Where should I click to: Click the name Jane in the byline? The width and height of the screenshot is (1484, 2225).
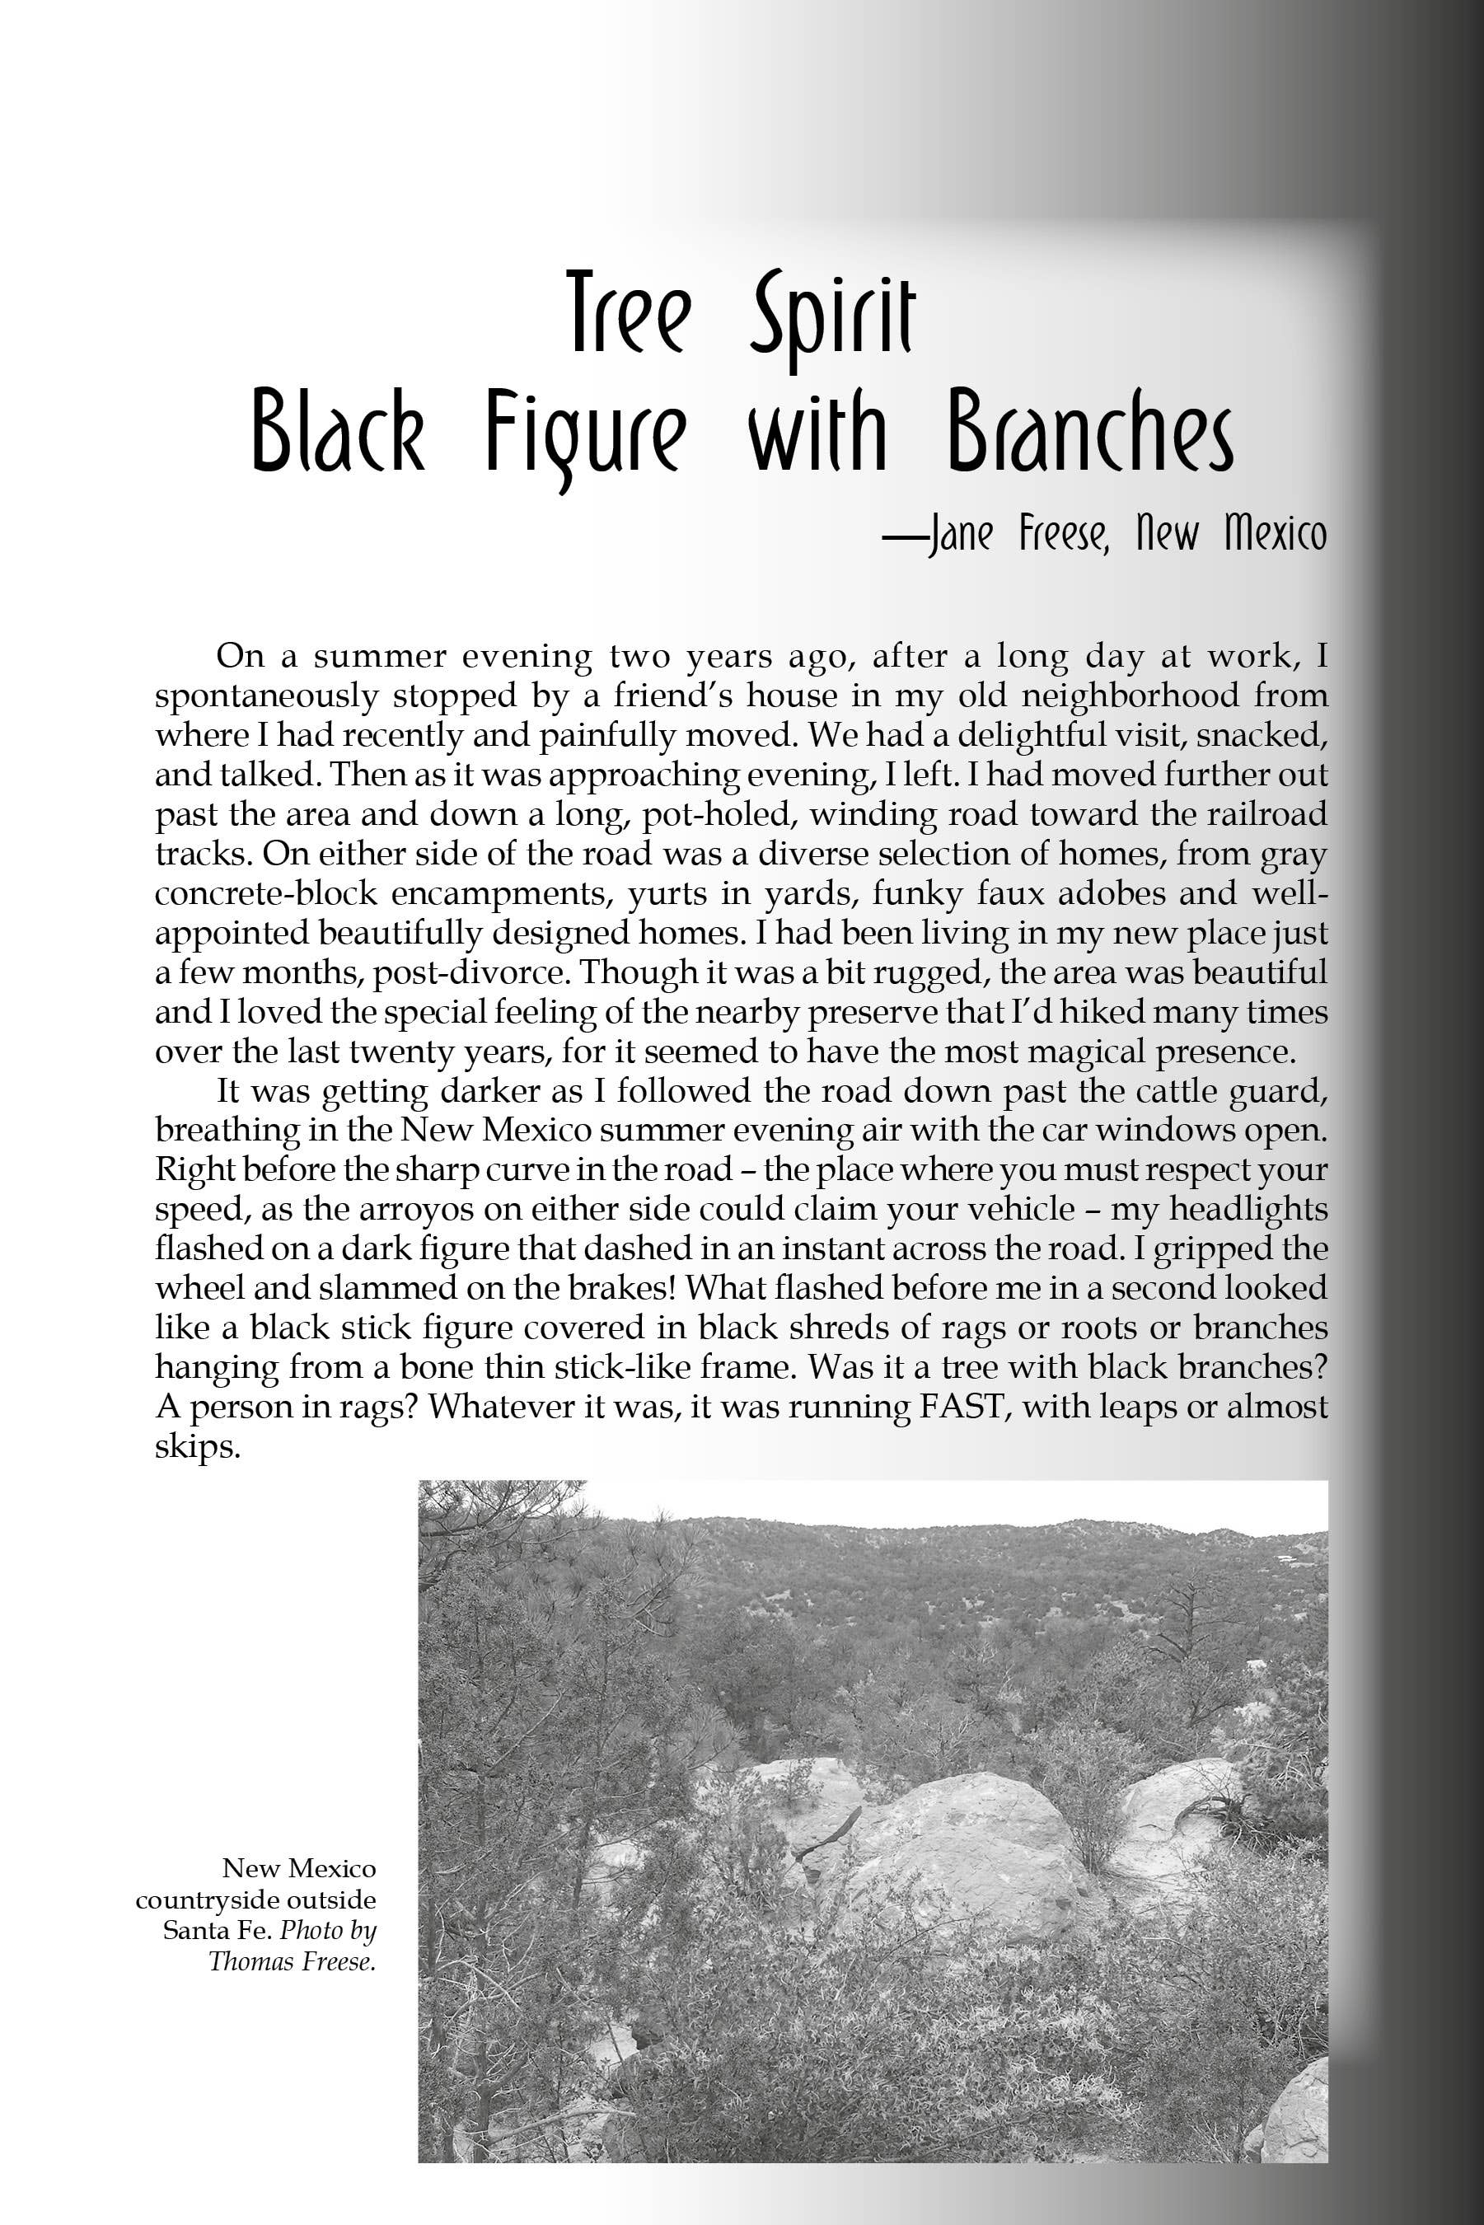(961, 536)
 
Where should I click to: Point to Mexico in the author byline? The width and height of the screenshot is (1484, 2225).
(1275, 536)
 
